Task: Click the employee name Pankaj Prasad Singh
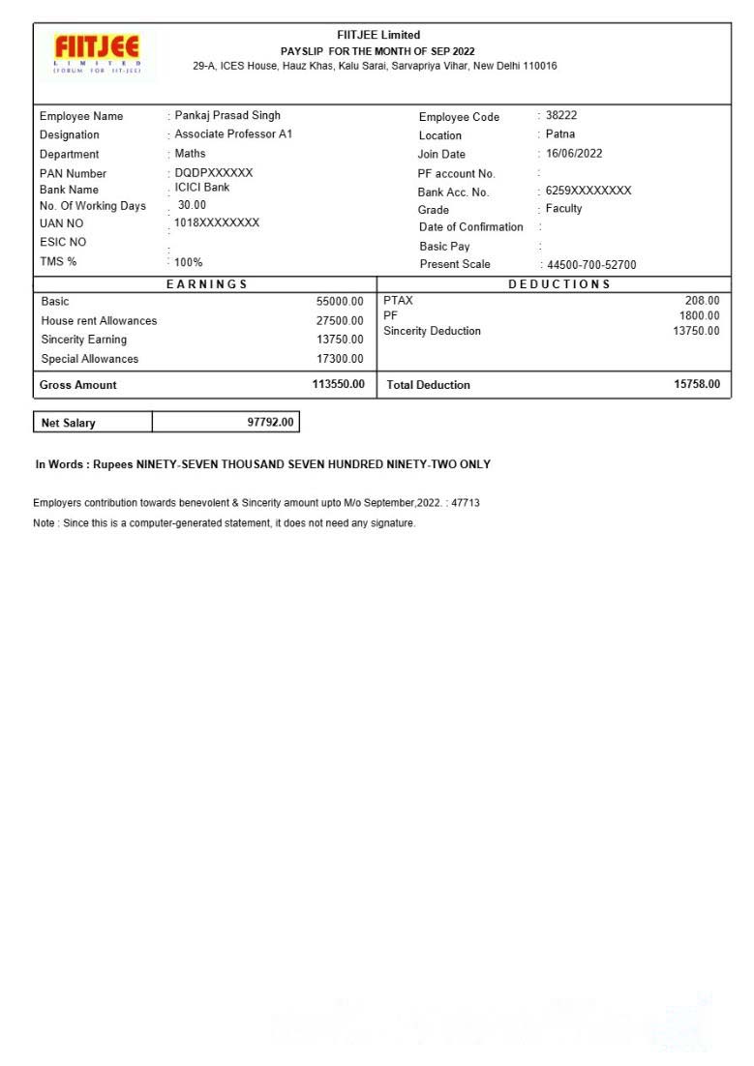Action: (227, 115)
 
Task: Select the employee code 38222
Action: (561, 115)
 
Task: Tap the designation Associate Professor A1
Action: (233, 133)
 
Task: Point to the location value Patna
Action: (560, 133)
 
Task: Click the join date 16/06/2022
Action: (574, 153)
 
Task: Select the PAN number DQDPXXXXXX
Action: (214, 172)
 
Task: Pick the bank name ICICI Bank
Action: (202, 187)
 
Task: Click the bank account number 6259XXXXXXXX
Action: (588, 191)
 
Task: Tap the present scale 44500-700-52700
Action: (591, 265)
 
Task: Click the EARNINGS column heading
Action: (207, 284)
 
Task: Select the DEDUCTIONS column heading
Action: (559, 284)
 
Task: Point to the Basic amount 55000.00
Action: (340, 302)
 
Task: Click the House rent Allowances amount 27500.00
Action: (340, 321)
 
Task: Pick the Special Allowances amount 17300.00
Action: (340, 359)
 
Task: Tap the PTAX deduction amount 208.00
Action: (702, 301)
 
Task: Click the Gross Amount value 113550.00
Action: (338, 384)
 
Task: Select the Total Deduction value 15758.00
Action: (697, 384)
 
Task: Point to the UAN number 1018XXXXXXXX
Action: (217, 222)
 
